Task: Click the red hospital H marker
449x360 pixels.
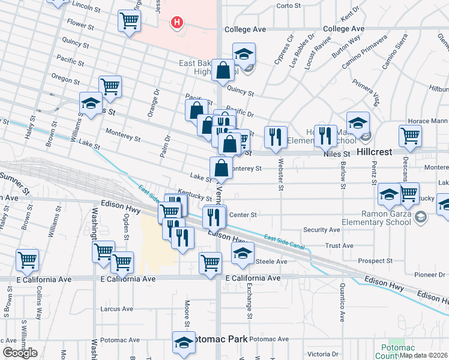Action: [177, 23]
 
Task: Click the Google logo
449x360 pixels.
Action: [20, 353]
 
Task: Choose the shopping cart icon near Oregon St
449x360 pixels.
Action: [110, 87]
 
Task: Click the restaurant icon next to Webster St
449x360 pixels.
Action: [276, 137]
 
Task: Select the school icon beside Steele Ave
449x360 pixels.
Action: [243, 254]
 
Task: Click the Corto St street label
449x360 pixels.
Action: [288, 6]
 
